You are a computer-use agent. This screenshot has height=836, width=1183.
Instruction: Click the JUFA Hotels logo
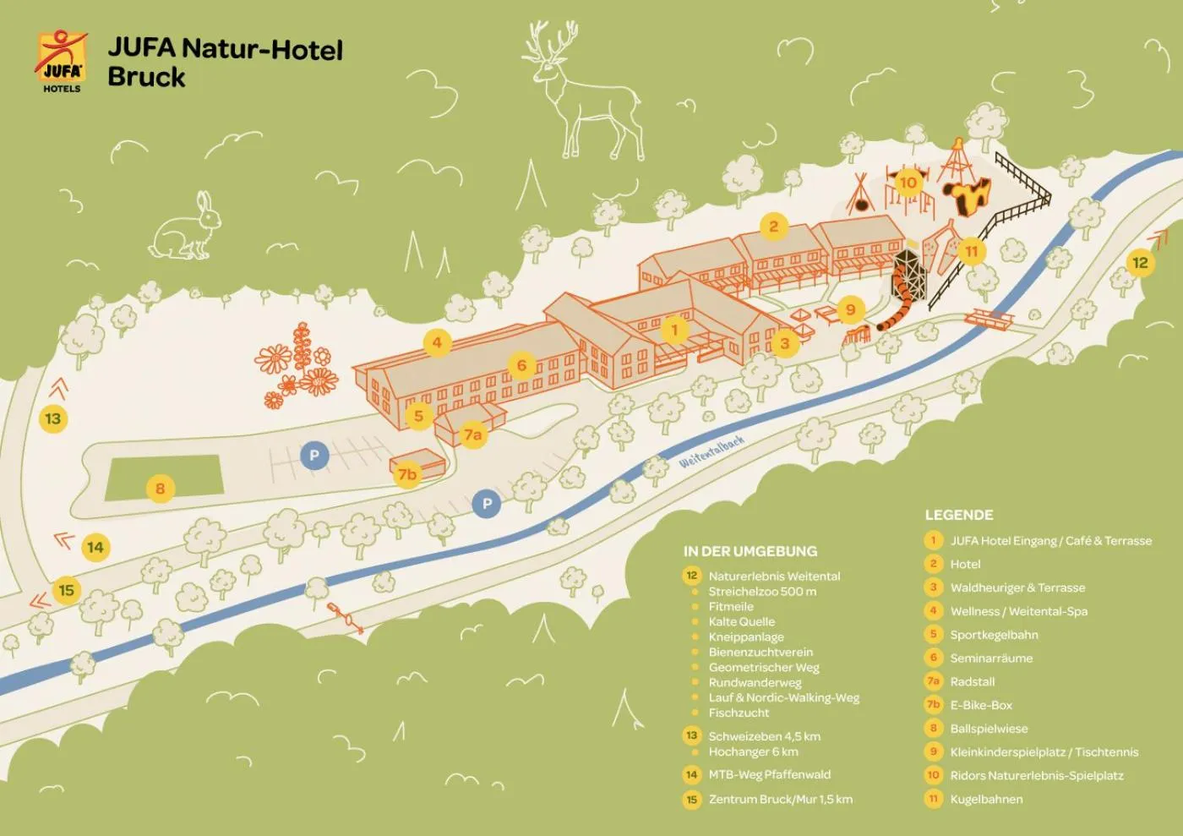pyautogui.click(x=61, y=61)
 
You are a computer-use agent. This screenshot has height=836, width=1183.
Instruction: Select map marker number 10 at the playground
pyautogui.click(x=908, y=182)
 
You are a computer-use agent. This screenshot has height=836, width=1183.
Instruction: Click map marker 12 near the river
pyautogui.click(x=1140, y=263)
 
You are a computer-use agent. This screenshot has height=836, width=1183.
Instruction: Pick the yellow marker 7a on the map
pyautogui.click(x=472, y=434)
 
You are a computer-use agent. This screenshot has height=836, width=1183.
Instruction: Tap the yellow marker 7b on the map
pyautogui.click(x=407, y=474)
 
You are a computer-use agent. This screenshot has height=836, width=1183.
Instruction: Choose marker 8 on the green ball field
pyautogui.click(x=160, y=488)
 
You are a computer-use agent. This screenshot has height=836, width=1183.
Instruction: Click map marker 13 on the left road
pyautogui.click(x=53, y=418)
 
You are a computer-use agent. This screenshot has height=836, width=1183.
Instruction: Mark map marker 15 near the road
pyautogui.click(x=66, y=590)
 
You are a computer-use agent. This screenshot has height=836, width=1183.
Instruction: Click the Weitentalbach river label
pyautogui.click(x=711, y=452)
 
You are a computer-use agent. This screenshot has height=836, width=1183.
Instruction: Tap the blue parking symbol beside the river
pyautogui.click(x=487, y=504)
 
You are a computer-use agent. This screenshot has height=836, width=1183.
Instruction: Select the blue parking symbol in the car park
pyautogui.click(x=314, y=455)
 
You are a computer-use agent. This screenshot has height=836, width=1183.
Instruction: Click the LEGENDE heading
pyautogui.click(x=958, y=515)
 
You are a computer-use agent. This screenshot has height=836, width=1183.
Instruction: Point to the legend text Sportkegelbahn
pyautogui.click(x=994, y=635)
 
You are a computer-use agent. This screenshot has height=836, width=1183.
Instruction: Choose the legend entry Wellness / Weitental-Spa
pyautogui.click(x=1018, y=611)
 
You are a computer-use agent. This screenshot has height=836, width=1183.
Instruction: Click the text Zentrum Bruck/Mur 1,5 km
pyautogui.click(x=780, y=799)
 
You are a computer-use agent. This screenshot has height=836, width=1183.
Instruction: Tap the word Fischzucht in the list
pyautogui.click(x=739, y=713)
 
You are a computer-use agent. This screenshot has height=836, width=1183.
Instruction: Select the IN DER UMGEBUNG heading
pyautogui.click(x=750, y=551)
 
